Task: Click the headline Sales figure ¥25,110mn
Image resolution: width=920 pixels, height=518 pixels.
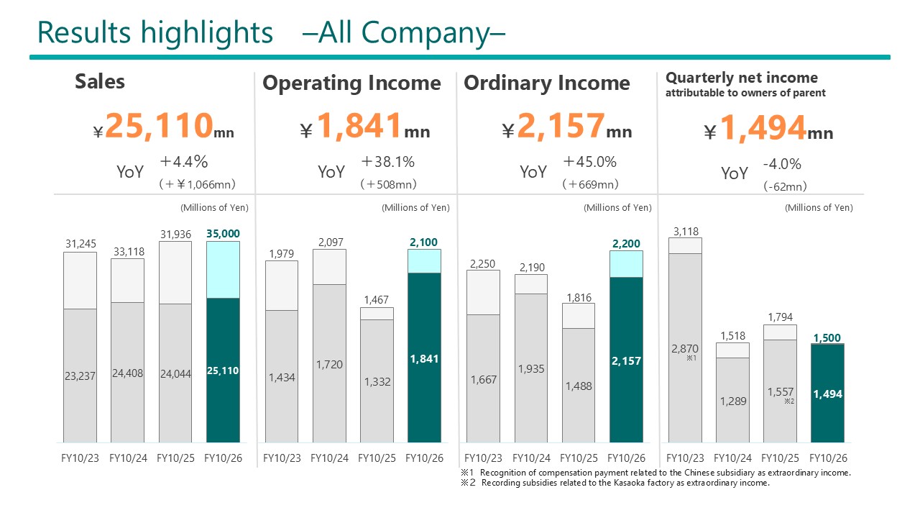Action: [163, 126]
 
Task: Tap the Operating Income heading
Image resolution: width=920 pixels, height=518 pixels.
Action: [351, 83]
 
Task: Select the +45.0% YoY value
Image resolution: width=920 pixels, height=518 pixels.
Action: [590, 162]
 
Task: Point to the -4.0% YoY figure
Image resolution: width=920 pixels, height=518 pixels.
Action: [782, 164]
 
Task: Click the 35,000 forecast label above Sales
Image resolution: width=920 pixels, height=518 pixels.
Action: [223, 234]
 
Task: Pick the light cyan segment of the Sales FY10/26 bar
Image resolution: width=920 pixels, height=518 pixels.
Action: [223, 270]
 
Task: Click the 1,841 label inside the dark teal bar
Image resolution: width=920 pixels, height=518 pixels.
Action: [424, 359]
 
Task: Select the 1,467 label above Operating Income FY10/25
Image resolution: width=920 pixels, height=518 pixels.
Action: [376, 300]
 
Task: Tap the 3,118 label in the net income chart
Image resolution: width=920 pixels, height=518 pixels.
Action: [686, 232]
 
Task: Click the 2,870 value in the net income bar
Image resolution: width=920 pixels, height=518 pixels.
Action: [685, 349]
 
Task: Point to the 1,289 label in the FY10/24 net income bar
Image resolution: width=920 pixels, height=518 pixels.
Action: [733, 401]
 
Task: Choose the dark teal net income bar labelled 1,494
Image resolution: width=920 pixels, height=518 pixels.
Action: [827, 393]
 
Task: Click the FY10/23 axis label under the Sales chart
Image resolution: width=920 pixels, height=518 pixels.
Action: [80, 458]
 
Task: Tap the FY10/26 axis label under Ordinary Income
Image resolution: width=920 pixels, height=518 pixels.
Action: [626, 458]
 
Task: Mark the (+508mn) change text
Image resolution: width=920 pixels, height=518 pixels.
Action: [389, 184]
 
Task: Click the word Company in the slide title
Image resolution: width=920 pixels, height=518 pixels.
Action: [425, 33]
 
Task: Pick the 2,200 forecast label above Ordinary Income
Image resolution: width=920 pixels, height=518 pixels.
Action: [626, 243]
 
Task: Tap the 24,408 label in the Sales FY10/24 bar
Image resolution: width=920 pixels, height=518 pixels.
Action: [128, 373]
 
